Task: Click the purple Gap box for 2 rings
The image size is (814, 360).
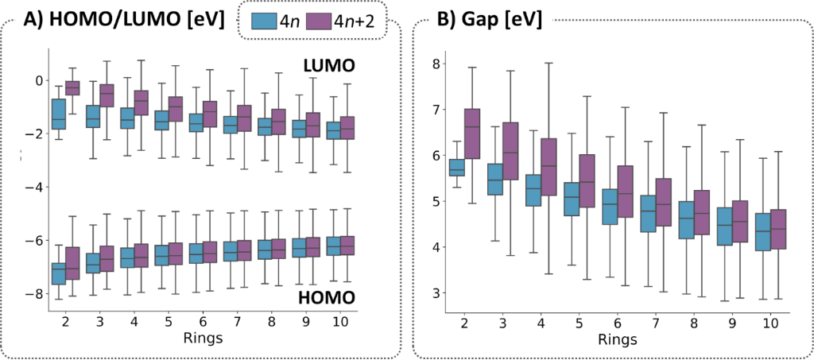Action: coord(471,134)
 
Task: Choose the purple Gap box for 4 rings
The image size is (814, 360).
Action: coord(548,167)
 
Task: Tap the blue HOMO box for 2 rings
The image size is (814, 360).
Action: coord(58,273)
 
